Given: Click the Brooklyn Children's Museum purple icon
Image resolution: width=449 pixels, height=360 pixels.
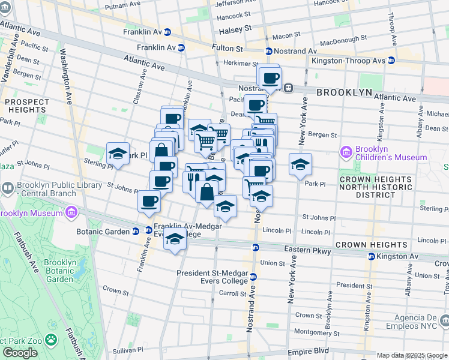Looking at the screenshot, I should pyautogui.click(x=346, y=152).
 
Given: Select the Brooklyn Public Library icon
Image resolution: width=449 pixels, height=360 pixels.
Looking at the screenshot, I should pyautogui.click(x=7, y=189).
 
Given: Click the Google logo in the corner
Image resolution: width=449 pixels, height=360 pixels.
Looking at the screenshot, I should pyautogui.click(x=20, y=353).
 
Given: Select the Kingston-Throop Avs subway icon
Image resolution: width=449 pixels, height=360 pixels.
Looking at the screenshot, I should pyautogui.click(x=391, y=60).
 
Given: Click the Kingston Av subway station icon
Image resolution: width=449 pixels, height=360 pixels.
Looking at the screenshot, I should pyautogui.click(x=372, y=256).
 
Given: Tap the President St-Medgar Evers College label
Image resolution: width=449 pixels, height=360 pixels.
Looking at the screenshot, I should pyautogui.click(x=212, y=277).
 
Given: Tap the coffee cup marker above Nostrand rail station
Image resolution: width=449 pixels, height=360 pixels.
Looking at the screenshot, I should pyautogui.click(x=270, y=77).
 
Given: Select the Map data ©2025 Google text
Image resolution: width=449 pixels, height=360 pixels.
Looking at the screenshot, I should pyautogui.click(x=412, y=355).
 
